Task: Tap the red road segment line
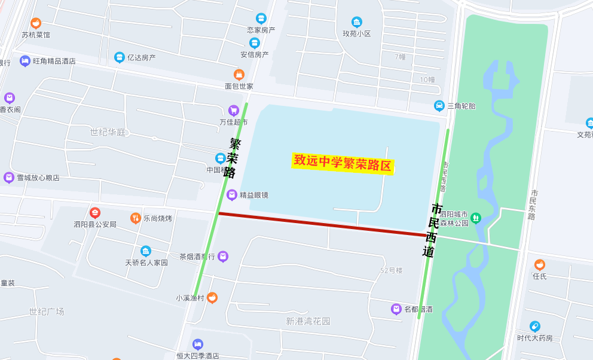point(323,224)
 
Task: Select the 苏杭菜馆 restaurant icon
point(36,23)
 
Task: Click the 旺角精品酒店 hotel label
point(54,61)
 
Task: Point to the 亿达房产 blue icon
point(120,57)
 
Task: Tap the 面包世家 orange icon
point(239,75)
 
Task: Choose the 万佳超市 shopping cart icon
point(234,110)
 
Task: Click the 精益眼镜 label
point(254,195)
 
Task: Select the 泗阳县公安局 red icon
point(95,213)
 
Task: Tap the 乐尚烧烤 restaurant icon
point(136,218)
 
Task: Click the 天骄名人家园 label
point(146,263)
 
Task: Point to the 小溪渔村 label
point(189,298)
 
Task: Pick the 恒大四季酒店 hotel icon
point(198,344)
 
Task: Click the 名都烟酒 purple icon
point(396,309)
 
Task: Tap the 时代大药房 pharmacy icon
point(535,327)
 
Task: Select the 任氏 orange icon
point(540,265)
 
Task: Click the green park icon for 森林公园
point(476,218)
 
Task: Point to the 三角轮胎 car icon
point(439,106)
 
